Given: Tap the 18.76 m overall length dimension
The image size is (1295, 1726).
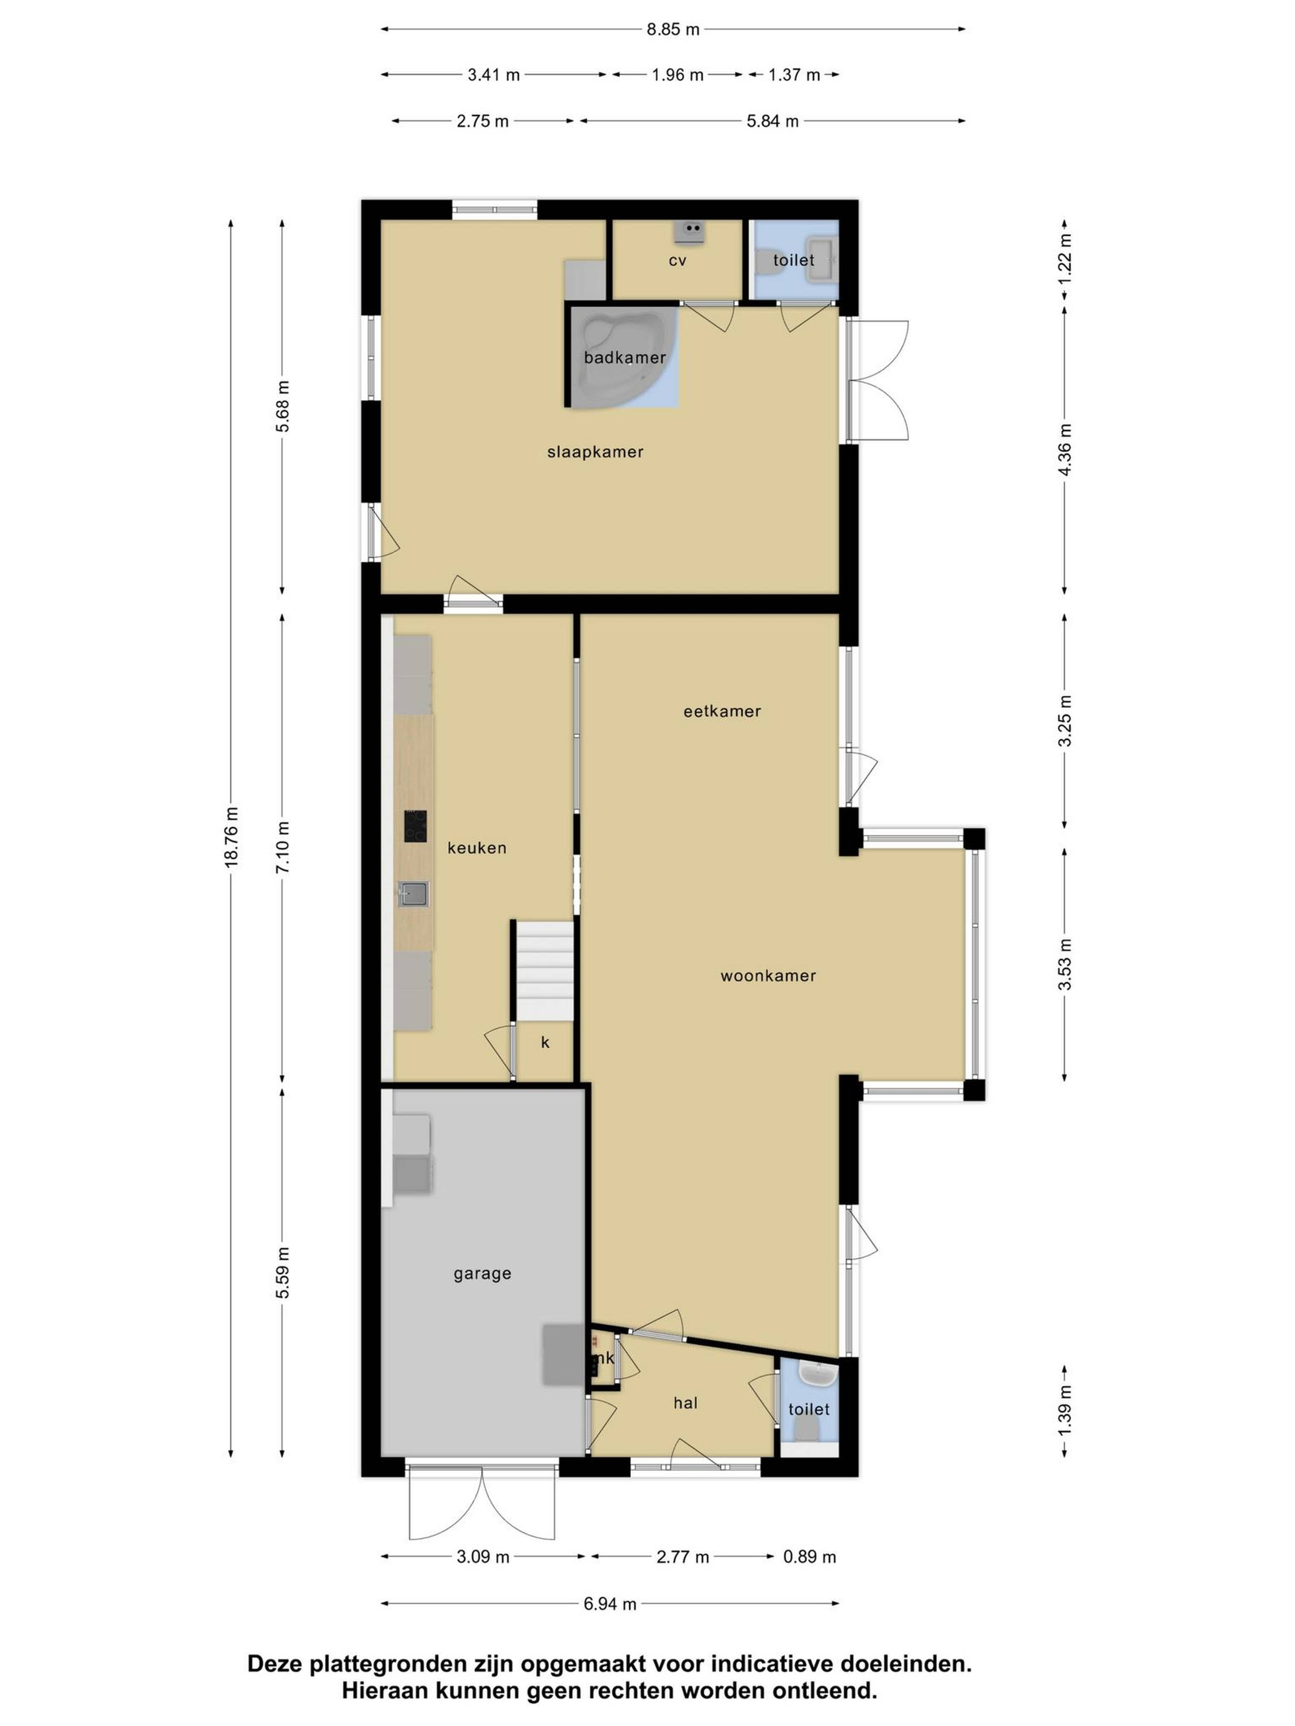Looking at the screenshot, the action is pyautogui.click(x=231, y=836).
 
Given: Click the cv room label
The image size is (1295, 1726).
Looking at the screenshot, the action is pyautogui.click(x=677, y=260).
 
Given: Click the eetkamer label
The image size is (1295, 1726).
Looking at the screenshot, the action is pyautogui.click(x=722, y=711).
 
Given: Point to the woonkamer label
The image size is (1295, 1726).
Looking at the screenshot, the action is pyautogui.click(x=768, y=975).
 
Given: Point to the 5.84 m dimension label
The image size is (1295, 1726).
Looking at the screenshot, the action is pyautogui.click(x=772, y=121).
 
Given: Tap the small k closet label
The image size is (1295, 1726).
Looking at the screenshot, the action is pyautogui.click(x=545, y=1042).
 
